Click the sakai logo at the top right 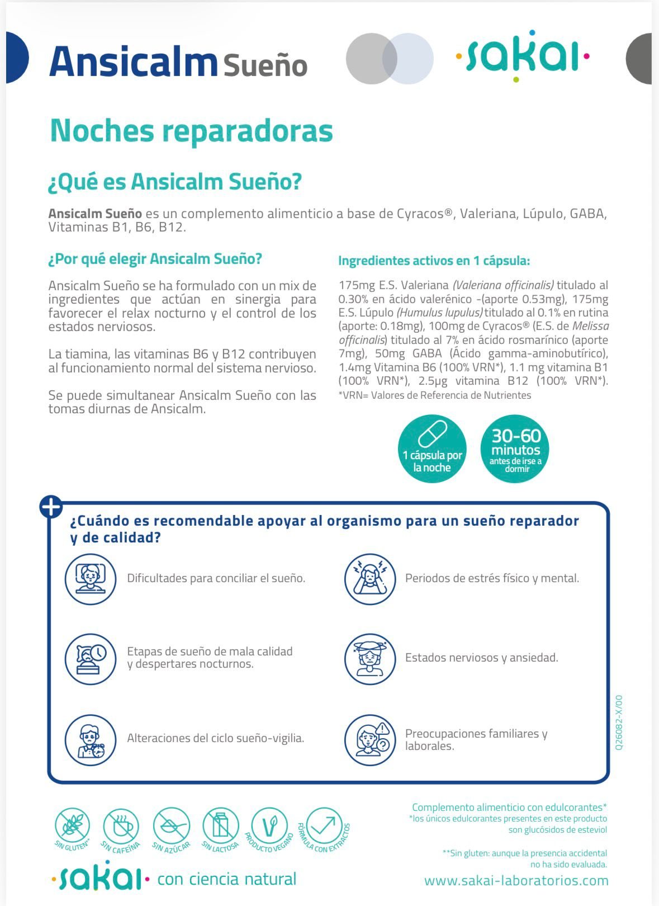point(523,56)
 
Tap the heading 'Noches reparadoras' point(191,130)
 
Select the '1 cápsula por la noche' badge point(432,449)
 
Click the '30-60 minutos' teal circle point(515,449)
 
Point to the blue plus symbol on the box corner point(51,507)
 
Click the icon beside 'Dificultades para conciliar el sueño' point(90,578)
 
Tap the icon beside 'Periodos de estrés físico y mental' point(369,578)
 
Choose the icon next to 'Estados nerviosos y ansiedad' point(369,658)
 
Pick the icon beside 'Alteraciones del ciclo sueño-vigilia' point(90,739)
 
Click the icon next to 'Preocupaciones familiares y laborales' point(369,739)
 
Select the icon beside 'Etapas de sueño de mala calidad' point(90,658)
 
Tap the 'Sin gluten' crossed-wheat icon point(72,825)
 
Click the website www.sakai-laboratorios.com point(516,881)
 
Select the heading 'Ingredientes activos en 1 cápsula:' point(434,261)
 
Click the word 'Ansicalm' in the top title point(133,62)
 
